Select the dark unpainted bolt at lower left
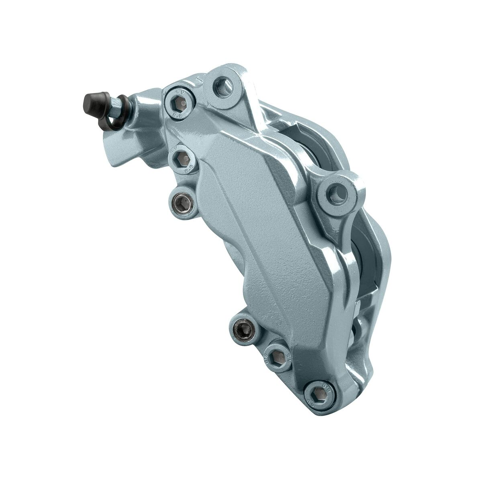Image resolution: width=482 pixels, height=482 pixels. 243,330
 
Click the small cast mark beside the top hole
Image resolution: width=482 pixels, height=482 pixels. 200,78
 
